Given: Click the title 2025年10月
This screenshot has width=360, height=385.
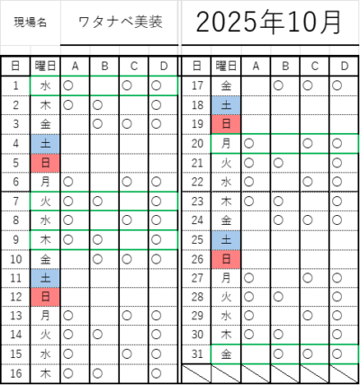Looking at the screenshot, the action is [x=268, y=22].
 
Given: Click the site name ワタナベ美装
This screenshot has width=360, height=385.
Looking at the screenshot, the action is [x=120, y=22].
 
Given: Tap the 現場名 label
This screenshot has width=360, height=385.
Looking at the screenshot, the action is [x=30, y=22].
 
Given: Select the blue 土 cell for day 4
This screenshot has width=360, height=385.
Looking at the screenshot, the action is [x=45, y=144].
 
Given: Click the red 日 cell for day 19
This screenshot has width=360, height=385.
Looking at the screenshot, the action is [x=226, y=124].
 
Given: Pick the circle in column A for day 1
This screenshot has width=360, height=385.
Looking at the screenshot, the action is [x=68, y=85].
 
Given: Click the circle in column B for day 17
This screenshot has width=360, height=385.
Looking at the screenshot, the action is [x=278, y=85].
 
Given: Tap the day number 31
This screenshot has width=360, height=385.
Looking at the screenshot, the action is [x=197, y=354].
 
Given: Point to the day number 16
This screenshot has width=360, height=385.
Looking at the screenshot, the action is [x=16, y=373].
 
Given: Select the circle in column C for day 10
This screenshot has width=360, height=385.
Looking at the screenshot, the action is [x=127, y=259].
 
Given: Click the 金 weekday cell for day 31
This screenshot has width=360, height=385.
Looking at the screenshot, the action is [x=226, y=354].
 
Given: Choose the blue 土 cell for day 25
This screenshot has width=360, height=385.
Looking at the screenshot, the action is [x=226, y=240].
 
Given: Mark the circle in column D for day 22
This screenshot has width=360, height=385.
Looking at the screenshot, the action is [x=337, y=182].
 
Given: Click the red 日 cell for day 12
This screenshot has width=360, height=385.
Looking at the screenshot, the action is [x=45, y=297].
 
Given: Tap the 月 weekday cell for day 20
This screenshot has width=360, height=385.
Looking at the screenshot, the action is [x=226, y=144].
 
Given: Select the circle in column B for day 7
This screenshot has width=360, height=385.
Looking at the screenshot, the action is [x=97, y=201].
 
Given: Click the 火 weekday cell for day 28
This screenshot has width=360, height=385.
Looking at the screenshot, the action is [x=226, y=297].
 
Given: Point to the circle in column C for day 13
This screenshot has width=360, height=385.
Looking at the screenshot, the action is [x=127, y=316].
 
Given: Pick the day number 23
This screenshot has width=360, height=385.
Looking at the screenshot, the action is [x=197, y=201].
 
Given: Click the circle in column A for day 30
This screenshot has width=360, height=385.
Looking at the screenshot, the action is [x=248, y=335].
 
